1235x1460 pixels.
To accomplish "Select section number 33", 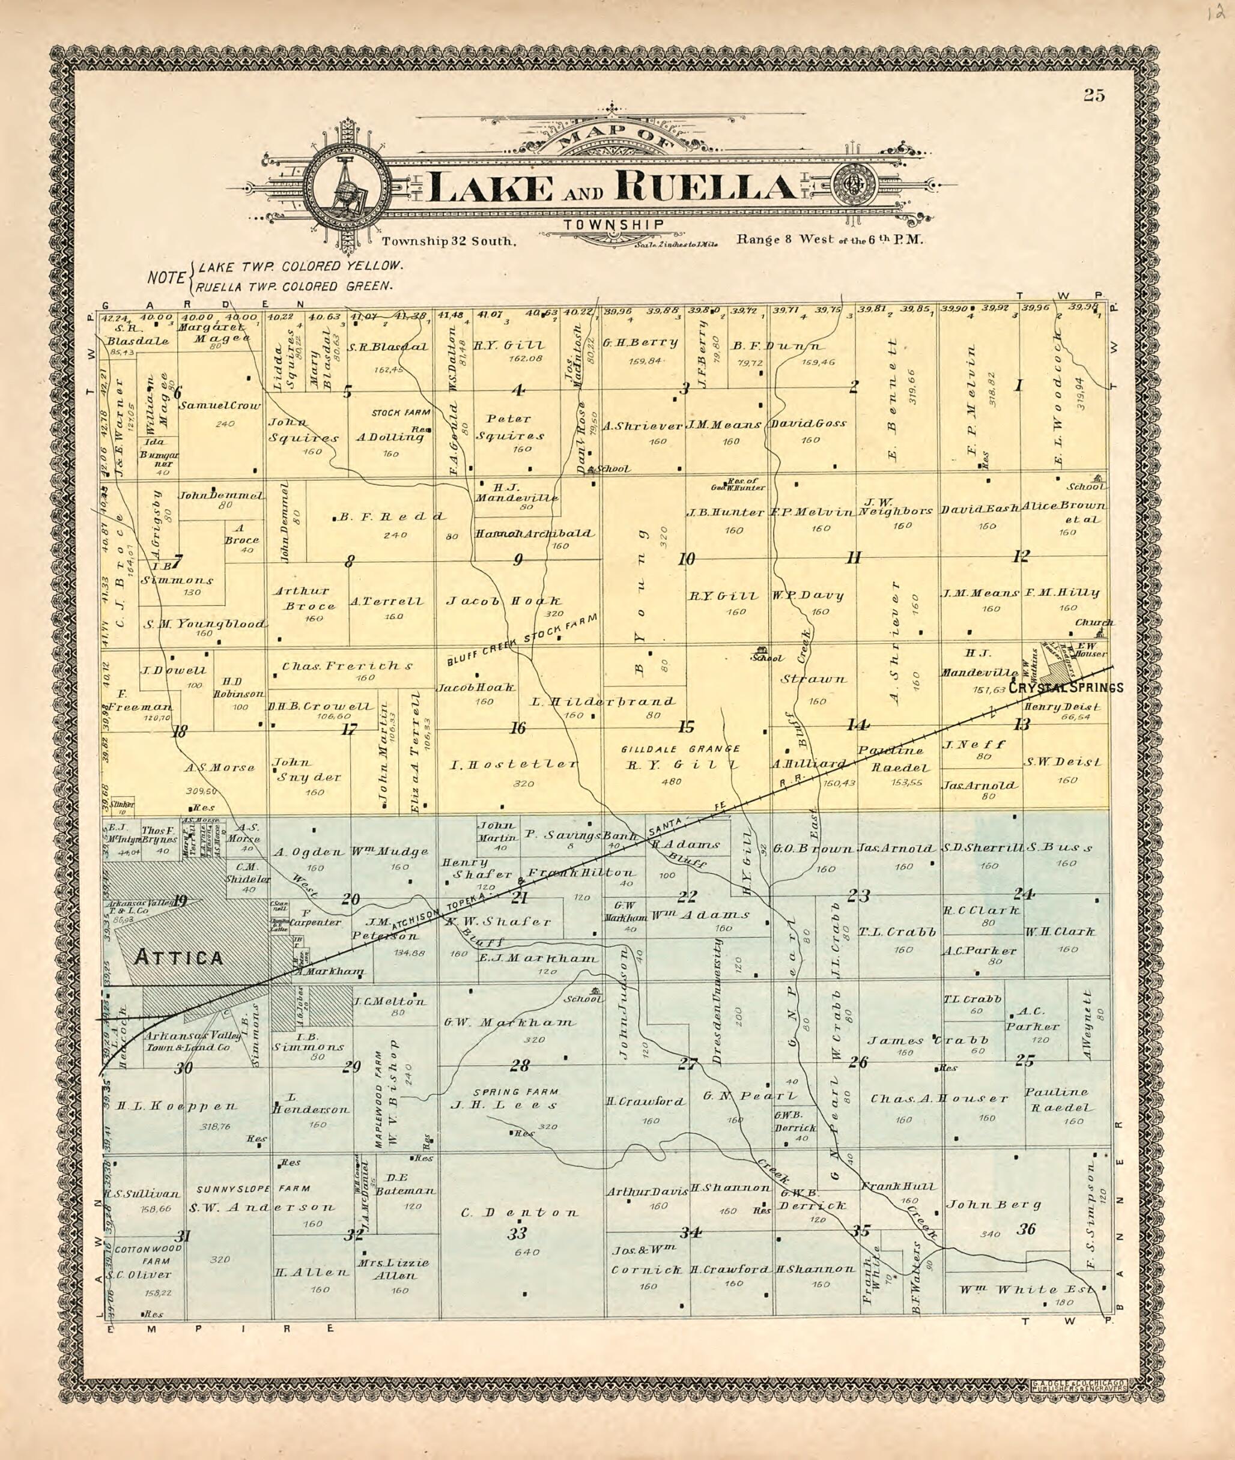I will coord(517,1234).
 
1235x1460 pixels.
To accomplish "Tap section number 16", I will coord(517,728).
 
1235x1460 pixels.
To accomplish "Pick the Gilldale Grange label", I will coord(681,749).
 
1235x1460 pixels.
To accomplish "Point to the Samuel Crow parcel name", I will coord(220,405).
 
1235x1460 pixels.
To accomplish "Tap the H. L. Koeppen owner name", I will coord(177,1106).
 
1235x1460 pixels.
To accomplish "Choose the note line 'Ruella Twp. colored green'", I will coord(296,285).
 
